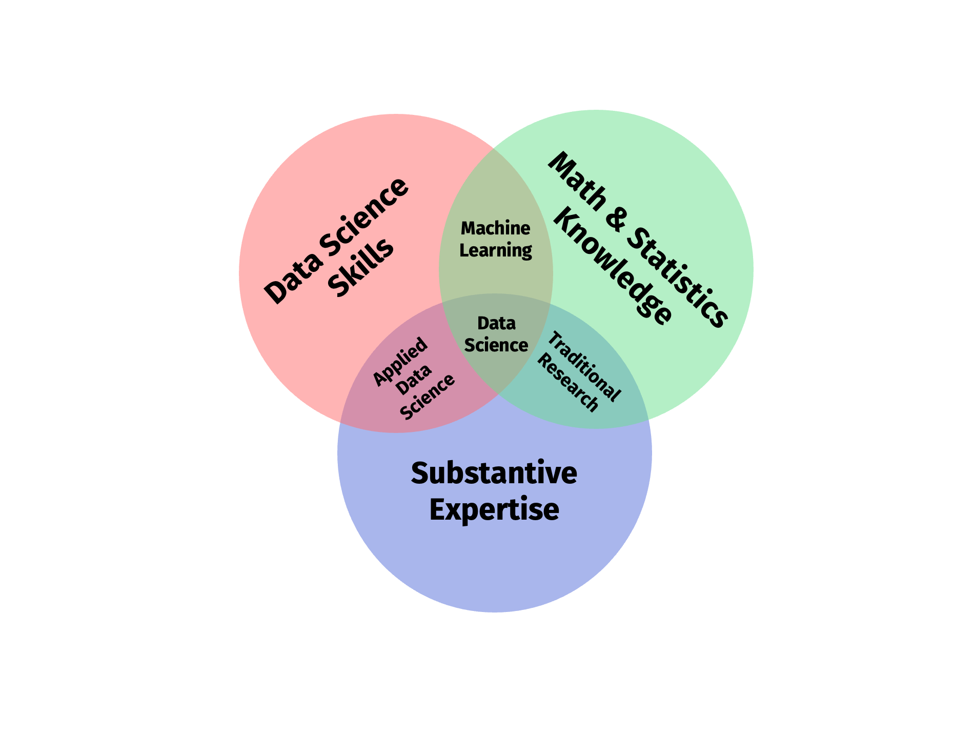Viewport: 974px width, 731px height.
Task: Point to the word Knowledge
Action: point(613,269)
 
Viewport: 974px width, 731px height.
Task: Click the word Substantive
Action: point(494,473)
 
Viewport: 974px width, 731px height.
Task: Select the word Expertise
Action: point(494,510)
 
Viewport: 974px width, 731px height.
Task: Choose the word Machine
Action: point(495,228)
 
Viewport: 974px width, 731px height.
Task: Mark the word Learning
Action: point(495,250)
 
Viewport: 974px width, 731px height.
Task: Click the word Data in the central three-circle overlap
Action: point(496,323)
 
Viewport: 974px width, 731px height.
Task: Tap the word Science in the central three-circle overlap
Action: point(496,345)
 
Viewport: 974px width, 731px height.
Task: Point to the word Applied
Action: point(400,361)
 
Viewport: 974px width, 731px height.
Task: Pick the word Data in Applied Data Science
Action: point(414,380)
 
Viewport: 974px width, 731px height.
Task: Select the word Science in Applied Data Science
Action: point(428,396)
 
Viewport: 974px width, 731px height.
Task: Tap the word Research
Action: point(568,383)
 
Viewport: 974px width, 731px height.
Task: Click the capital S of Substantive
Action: point(420,473)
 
